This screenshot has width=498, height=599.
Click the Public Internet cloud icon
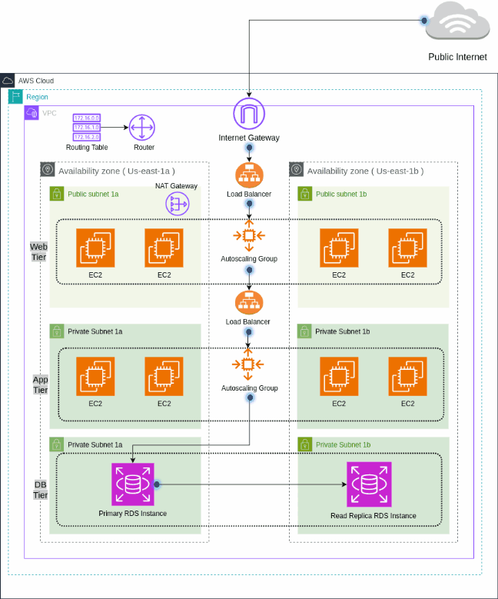[x=459, y=22]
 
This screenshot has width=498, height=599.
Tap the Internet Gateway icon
[x=248, y=114]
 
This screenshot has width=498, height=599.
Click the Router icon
[x=143, y=127]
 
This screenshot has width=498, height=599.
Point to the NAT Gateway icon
[x=178, y=203]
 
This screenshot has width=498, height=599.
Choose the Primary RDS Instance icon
[x=132, y=484]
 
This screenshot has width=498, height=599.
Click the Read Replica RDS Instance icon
[x=370, y=484]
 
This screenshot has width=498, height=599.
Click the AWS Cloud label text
[x=35, y=81]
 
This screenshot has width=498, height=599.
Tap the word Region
[x=37, y=97]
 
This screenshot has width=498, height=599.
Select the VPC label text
[x=49, y=113]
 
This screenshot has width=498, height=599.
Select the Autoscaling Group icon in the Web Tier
[x=248, y=235]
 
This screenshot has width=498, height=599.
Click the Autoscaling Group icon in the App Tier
[x=248, y=364]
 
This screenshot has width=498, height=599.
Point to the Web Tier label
[x=38, y=251]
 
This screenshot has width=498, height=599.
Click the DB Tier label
[x=41, y=489]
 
